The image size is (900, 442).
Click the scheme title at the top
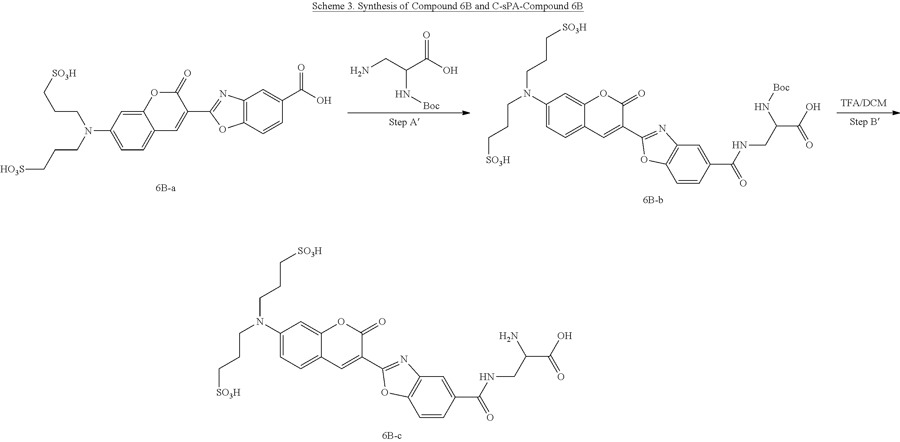click(448, 7)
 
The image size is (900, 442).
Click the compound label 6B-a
click(165, 188)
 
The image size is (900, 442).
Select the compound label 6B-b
click(653, 200)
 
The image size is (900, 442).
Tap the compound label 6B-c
click(392, 436)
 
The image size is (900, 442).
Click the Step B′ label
click(864, 122)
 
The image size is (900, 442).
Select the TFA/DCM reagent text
click(864, 103)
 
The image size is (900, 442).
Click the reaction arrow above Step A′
click(409, 113)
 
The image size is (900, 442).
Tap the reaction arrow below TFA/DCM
click(868, 113)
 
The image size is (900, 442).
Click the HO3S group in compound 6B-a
click(13, 169)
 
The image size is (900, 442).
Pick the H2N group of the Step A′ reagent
click(360, 70)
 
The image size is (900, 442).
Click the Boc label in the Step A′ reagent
click(431, 106)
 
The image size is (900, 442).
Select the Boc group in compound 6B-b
click(781, 87)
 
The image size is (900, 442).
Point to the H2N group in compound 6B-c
click(509, 335)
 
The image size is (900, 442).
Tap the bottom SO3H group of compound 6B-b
click(498, 160)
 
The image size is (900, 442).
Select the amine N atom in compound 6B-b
click(528, 93)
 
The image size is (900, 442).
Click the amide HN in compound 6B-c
click(487, 377)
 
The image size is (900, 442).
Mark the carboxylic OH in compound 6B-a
click(324, 101)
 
